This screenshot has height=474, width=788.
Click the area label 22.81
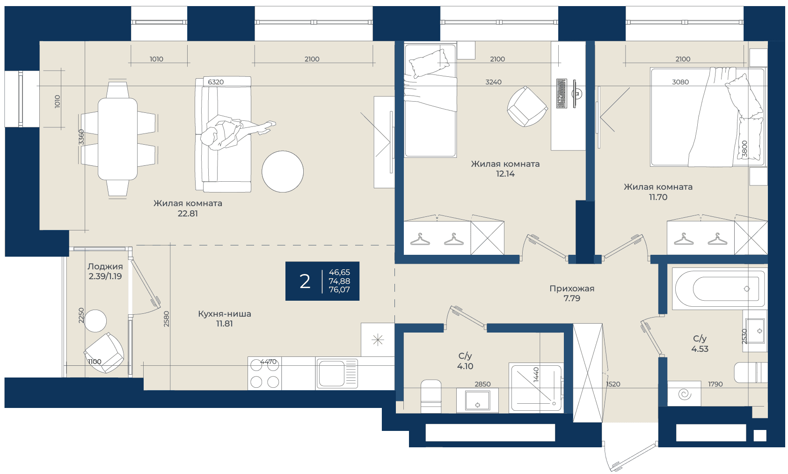coord(188,214)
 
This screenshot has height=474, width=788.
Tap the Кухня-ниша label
coord(225,313)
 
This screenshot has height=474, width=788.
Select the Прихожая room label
coord(572,289)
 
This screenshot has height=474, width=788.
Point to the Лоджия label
coord(105,267)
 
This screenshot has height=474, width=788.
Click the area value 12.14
coord(505,174)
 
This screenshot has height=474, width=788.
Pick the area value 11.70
coord(658,197)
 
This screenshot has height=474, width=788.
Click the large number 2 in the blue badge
coord(305,281)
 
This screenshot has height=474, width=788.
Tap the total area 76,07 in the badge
coord(339,290)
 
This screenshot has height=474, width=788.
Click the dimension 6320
coord(216,82)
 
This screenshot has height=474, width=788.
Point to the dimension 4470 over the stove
coord(268,361)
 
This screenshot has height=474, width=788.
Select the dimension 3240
coord(493,82)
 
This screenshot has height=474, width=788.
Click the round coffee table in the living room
coord(283,171)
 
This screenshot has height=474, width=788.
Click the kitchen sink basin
coord(331,374)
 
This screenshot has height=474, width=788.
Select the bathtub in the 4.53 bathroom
coord(719,289)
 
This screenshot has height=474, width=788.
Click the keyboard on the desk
coord(562,93)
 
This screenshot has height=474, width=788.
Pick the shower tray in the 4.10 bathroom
coord(536,388)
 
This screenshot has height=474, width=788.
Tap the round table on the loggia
coord(95,321)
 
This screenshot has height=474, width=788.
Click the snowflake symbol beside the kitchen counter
coord(378,340)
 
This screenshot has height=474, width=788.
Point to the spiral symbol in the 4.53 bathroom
coord(685,394)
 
